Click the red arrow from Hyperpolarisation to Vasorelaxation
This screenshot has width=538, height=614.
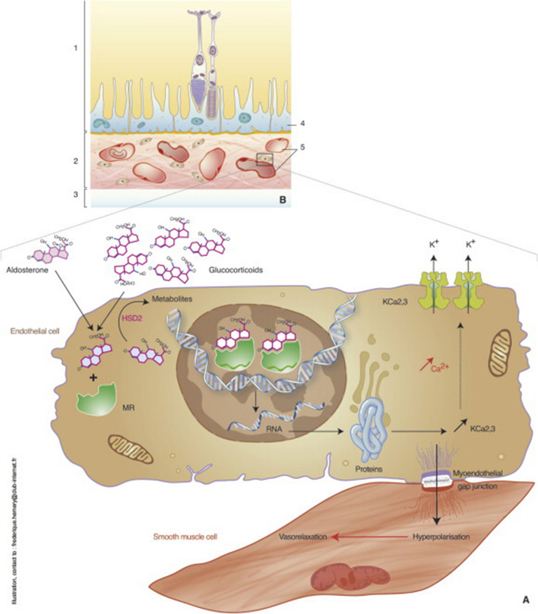tap(366, 536)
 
